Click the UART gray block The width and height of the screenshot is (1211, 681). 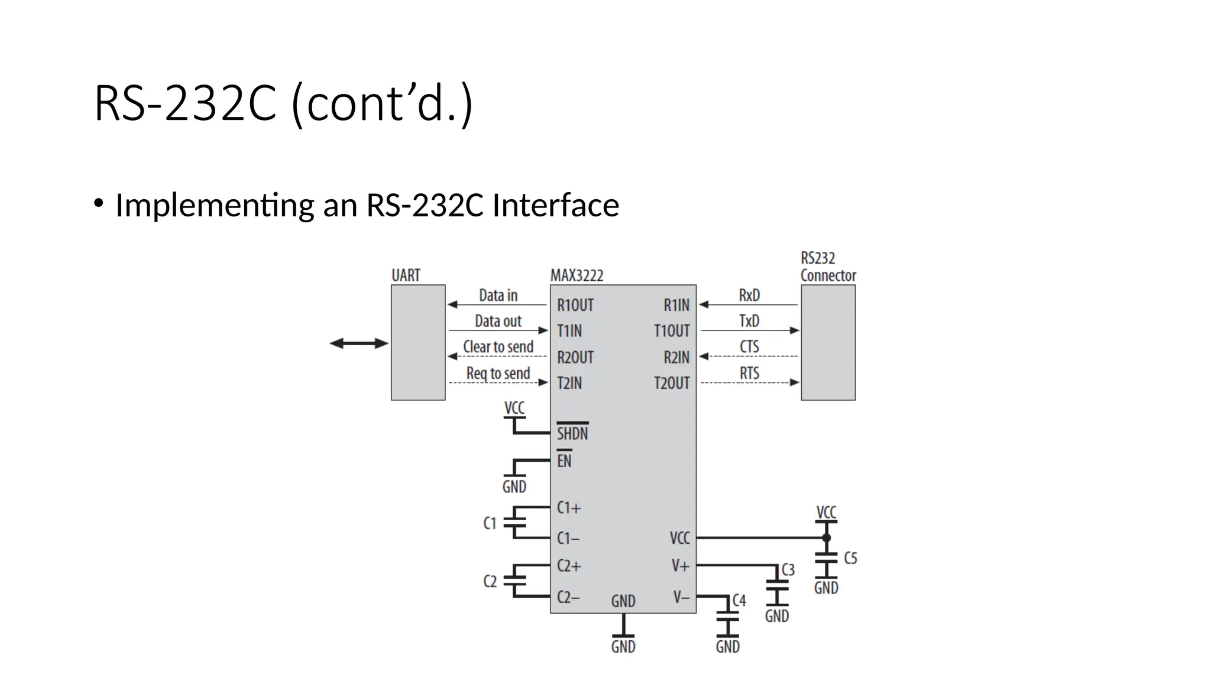click(x=418, y=342)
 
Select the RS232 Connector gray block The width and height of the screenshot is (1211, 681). click(x=828, y=342)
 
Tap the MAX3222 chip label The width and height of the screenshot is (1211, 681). click(x=577, y=275)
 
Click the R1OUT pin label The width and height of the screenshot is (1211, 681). click(x=575, y=305)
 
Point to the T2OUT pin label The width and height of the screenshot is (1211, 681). click(x=672, y=383)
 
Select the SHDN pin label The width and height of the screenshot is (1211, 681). click(x=572, y=433)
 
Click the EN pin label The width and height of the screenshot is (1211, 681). click(x=564, y=461)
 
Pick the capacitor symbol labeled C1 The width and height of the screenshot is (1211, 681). click(x=514, y=523)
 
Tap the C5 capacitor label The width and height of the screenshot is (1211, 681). click(x=850, y=558)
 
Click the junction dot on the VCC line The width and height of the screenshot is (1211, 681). click(x=826, y=538)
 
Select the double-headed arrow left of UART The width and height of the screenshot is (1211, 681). click(x=358, y=343)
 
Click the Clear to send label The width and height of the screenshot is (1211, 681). click(x=498, y=347)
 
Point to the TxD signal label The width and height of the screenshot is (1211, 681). click(x=749, y=321)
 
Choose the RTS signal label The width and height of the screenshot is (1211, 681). click(x=749, y=373)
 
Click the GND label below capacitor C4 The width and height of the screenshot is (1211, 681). click(x=727, y=646)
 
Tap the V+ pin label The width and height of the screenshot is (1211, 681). click(x=681, y=566)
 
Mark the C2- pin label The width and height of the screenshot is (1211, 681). click(x=568, y=597)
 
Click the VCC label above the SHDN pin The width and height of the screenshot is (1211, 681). click(x=514, y=408)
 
